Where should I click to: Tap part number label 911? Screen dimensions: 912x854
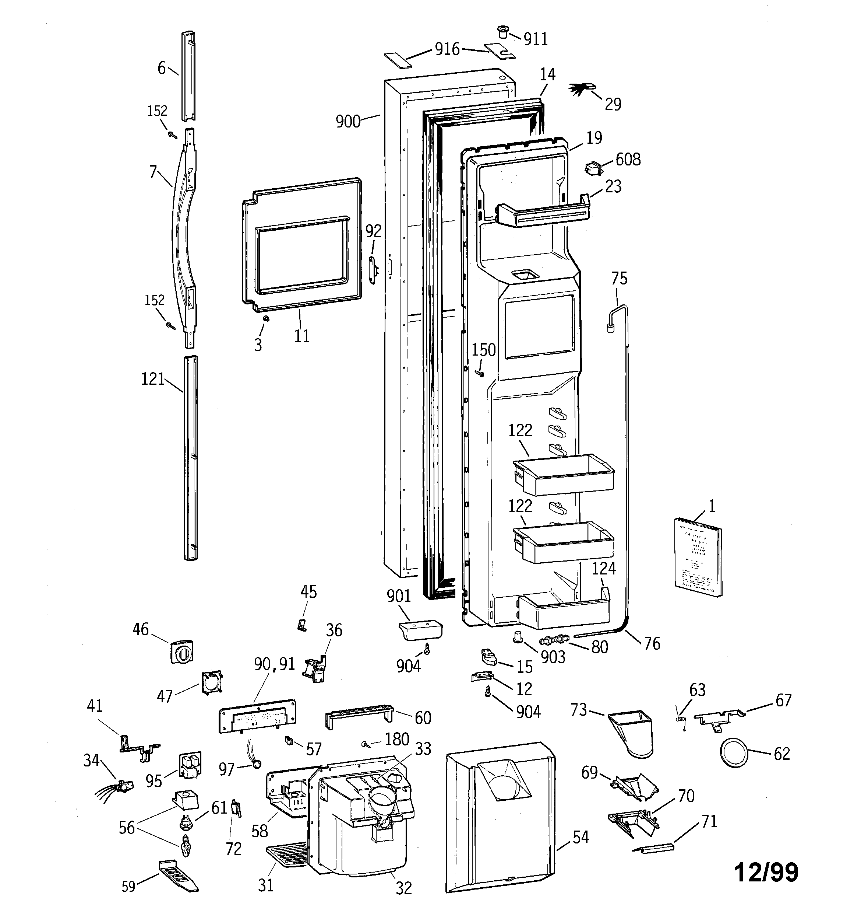coord(536,39)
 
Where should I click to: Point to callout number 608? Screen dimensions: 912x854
coord(628,160)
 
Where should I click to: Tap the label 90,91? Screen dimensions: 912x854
coord(275,664)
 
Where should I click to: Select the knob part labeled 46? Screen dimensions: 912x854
coord(181,651)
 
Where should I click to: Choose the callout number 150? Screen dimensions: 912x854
coord(484,350)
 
